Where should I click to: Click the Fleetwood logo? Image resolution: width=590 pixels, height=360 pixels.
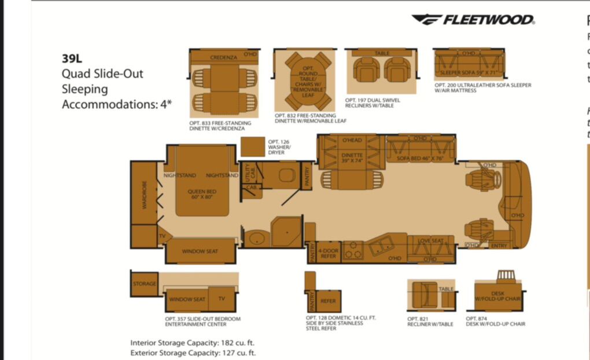[x=473, y=20]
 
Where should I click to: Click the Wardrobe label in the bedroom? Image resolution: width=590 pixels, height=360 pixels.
[x=145, y=195]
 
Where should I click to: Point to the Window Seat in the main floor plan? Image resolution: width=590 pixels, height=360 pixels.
[x=200, y=251]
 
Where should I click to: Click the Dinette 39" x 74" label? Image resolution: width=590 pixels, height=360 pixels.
[x=352, y=158]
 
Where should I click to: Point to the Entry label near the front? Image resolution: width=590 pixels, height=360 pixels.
[x=498, y=246]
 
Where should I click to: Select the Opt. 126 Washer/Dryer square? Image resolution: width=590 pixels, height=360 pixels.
[x=253, y=146]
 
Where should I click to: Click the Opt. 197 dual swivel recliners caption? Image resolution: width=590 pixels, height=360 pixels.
[x=372, y=102]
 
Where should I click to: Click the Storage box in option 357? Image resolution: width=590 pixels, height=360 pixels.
[x=144, y=284]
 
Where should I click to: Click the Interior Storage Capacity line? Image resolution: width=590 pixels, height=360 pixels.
[x=193, y=343]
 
